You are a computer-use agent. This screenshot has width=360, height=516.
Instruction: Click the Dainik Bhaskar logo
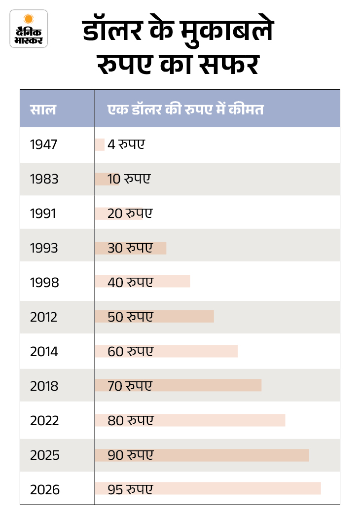click(29, 29)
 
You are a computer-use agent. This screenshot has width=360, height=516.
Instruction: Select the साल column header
click(42, 109)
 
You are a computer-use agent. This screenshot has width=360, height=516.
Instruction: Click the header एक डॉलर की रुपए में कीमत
click(185, 109)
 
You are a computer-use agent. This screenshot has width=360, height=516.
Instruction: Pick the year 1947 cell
click(43, 145)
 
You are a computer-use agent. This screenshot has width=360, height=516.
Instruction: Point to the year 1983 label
click(44, 179)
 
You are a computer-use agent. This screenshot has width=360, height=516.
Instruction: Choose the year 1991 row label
click(43, 214)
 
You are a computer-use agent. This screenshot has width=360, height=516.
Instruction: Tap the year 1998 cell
click(44, 283)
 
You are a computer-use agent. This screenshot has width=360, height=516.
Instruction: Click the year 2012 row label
click(43, 317)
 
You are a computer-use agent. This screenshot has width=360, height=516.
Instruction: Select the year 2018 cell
click(44, 386)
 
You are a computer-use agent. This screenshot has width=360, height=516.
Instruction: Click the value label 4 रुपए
click(126, 145)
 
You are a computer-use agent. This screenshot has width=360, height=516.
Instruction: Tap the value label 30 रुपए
click(130, 248)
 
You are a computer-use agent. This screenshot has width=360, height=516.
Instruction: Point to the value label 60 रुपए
click(130, 351)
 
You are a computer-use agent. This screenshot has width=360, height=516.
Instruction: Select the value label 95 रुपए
click(130, 489)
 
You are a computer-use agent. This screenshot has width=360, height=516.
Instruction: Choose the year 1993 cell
click(44, 248)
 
